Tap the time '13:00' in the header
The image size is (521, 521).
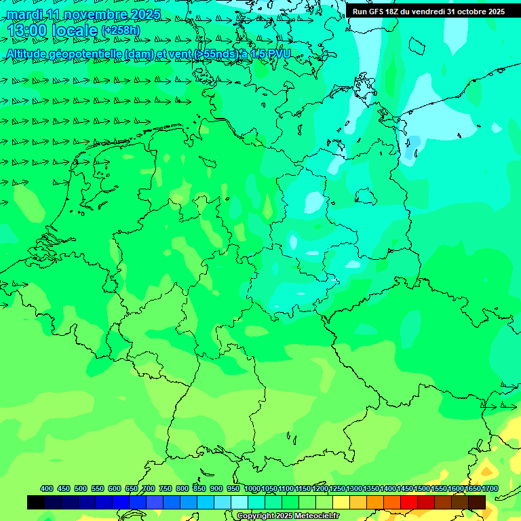pos(27,31)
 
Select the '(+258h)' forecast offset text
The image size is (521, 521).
pos(120,31)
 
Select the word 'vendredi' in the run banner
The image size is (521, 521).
pos(427,12)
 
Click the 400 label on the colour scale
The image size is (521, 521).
pos(47,488)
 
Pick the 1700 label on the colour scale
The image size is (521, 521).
pos(489,488)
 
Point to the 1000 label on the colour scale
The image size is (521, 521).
pos(252,488)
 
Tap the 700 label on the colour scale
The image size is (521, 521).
pos(149,488)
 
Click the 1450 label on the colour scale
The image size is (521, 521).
pos(405,488)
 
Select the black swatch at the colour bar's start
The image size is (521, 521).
pos(36,502)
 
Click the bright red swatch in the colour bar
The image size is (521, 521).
pos(409,502)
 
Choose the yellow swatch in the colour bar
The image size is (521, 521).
pos(341,502)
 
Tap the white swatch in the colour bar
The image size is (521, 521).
pos(239,502)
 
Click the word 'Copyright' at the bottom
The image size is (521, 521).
pos(255,516)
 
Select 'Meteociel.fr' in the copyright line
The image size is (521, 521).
pos(316,516)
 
